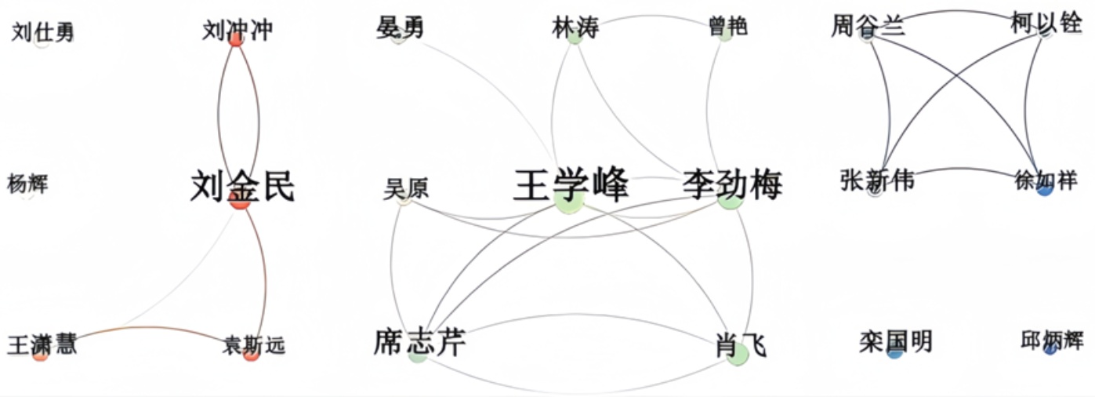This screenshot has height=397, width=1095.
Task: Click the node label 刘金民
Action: coord(242,187)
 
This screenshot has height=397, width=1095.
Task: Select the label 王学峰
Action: coord(571,184)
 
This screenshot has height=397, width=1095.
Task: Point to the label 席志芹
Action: coord(419,341)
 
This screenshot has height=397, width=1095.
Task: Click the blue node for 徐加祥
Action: coord(1044,189)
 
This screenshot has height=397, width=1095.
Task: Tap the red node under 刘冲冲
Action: coord(235,39)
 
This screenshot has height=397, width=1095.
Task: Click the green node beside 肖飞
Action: coord(737,354)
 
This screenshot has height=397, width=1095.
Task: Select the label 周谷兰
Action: coord(868,26)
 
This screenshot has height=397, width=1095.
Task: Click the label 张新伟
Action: coord(876,180)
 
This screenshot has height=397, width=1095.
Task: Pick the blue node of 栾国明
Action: coord(894,352)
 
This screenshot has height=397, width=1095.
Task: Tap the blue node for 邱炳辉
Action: coord(1050,349)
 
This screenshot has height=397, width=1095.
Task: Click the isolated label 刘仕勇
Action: coord(43,32)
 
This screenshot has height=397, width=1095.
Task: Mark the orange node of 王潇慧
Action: coord(41,355)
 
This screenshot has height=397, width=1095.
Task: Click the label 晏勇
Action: coord(400,27)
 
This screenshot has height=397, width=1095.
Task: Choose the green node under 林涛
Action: coord(575,37)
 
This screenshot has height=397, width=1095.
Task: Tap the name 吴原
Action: coord(406,188)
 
